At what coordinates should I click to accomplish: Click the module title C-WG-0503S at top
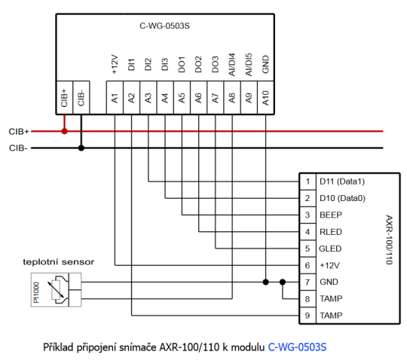[164, 26]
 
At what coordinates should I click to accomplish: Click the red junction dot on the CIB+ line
[64, 131]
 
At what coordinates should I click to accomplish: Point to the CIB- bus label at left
[19, 148]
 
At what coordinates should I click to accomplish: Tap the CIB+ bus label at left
[19, 131]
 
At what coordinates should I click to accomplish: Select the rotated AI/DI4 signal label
[231, 64]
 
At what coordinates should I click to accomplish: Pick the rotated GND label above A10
[265, 67]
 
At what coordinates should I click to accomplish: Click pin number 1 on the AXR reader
[307, 182]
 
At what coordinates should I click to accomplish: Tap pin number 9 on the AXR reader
[307, 315]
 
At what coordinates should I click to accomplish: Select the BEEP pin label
[331, 215]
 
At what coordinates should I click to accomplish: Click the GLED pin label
[331, 249]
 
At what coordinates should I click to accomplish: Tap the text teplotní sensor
[58, 262]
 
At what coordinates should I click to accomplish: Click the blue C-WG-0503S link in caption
[301, 348]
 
